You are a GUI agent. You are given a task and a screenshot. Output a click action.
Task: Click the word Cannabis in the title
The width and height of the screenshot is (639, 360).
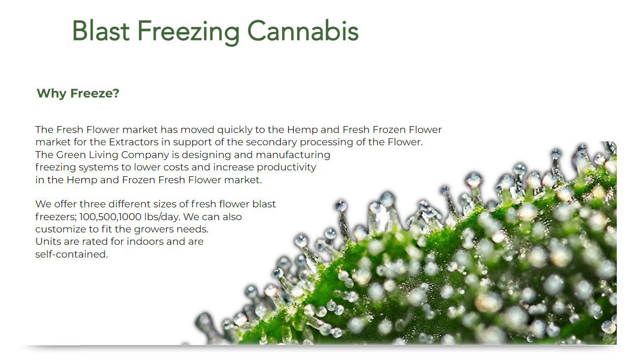[x=303, y=31]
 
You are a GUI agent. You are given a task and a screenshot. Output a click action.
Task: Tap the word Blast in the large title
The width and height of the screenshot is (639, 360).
[x=101, y=31]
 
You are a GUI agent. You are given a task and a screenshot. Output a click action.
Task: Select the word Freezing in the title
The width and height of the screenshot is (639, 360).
[x=188, y=33]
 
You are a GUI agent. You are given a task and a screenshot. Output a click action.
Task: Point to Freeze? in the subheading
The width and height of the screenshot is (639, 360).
[x=95, y=93]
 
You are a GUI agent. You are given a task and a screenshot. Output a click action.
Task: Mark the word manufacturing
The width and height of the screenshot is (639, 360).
[x=293, y=155]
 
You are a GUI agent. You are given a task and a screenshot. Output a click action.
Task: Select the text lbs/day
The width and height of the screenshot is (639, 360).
[x=162, y=217]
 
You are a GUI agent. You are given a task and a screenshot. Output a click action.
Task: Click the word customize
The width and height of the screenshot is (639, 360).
[x=61, y=229]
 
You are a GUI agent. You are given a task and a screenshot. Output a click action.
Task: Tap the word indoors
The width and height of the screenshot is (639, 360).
[x=145, y=242]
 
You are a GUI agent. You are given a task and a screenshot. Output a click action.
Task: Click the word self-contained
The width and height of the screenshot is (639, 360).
[x=71, y=254]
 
